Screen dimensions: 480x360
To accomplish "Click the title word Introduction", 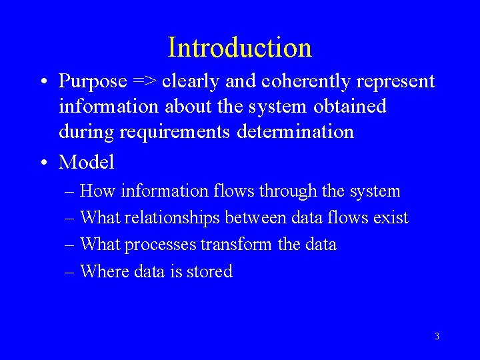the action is [239, 47].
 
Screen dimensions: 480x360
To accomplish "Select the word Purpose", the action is [93, 81].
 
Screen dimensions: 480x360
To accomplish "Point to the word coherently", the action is [302, 81].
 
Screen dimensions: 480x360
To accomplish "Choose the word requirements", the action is [177, 132].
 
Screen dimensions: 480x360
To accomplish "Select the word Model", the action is [87, 162].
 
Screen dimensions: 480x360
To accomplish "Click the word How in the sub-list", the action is [97, 191].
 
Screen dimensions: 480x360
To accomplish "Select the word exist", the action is [391, 218].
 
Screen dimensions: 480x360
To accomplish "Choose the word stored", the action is [210, 271].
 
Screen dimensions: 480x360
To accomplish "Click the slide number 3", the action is [437, 336].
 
